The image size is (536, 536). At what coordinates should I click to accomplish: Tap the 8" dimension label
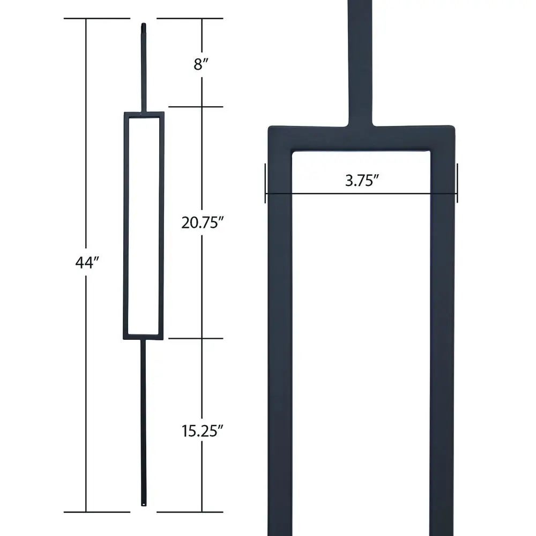(x=201, y=65)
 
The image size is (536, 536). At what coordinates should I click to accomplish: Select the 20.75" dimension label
(x=202, y=223)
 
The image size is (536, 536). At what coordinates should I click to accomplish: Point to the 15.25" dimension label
(x=202, y=431)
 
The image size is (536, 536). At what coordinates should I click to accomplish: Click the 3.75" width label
(x=362, y=180)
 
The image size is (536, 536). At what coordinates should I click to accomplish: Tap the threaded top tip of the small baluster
(x=144, y=25)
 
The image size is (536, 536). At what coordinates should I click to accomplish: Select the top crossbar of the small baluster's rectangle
(x=144, y=115)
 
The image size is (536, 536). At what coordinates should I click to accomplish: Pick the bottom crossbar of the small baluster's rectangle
(x=144, y=337)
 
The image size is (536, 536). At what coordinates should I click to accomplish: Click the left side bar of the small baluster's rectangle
(x=126, y=225)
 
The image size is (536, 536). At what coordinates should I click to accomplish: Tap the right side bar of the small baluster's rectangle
(x=161, y=225)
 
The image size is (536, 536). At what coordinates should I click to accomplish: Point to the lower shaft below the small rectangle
(x=144, y=418)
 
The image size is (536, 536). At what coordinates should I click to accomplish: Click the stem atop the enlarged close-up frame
(x=361, y=59)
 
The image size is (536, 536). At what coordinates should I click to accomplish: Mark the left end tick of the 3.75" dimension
(x=265, y=183)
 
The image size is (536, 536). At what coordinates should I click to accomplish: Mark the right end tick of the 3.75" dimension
(x=457, y=183)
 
